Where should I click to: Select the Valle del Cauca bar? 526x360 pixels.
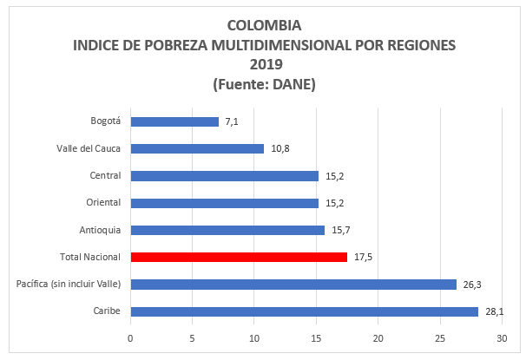[197, 148]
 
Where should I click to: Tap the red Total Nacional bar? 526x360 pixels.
[239, 257]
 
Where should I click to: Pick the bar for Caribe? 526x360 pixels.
[304, 311]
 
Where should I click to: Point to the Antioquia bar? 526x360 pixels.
[227, 230]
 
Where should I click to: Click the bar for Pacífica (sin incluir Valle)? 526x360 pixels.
[293, 284]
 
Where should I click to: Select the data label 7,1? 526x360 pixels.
[232, 121]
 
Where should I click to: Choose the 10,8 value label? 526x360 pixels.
[279, 148]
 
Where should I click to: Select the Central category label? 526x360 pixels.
[105, 176]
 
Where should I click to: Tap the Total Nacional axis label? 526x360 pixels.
[90, 257]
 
